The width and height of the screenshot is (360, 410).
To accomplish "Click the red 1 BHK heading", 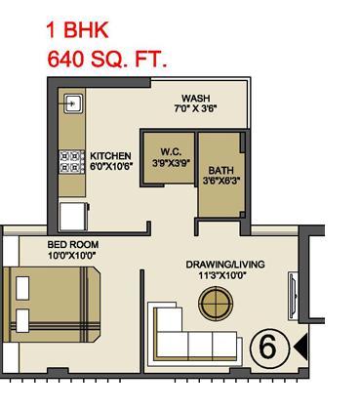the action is click(77, 30).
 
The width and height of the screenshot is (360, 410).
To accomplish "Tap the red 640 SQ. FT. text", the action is click(107, 60).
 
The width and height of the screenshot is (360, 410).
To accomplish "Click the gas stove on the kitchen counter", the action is click(72, 162).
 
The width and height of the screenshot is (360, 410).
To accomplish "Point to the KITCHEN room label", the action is click(110, 156).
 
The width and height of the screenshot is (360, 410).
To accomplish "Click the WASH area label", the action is click(195, 99).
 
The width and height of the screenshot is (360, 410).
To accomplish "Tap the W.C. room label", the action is click(171, 152).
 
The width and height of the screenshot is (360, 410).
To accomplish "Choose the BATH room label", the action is click(221, 170).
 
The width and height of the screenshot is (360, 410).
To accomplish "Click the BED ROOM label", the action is click(73, 244).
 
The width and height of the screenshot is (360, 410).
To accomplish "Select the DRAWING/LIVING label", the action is click(225, 265).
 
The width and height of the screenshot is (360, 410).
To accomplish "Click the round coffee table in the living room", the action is click(216, 304).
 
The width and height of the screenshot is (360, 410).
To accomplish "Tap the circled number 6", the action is click(269, 348).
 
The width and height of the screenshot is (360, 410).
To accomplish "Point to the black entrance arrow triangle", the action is click(300, 348).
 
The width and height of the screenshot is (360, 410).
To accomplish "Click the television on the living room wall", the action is click(293, 296).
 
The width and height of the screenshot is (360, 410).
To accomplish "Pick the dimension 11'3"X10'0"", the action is click(222, 276).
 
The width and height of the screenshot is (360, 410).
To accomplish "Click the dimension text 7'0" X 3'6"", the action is click(195, 108).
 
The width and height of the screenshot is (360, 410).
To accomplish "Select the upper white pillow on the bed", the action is click(22, 288).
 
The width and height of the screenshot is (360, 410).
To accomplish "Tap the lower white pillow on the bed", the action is click(22, 321).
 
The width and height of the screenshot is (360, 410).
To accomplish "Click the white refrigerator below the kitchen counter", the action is click(73, 217).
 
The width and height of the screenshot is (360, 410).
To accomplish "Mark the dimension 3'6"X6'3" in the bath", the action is click(221, 181).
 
